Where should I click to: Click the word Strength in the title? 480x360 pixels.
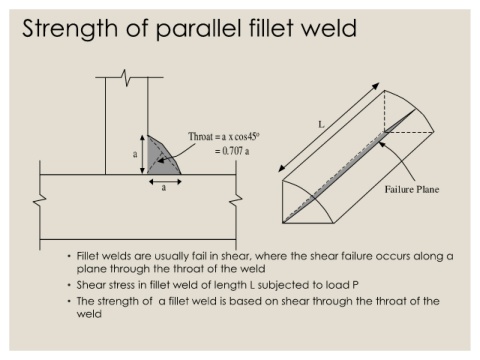click(70, 29)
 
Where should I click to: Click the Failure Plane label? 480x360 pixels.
click(412, 189)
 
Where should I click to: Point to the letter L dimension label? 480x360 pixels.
click(321, 125)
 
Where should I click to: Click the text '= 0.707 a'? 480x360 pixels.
click(232, 151)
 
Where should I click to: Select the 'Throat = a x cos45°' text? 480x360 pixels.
click(224, 137)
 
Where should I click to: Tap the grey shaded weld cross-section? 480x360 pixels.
click(160, 158)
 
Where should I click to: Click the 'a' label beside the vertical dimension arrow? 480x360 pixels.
click(135, 154)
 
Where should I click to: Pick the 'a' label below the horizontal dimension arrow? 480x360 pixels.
click(164, 188)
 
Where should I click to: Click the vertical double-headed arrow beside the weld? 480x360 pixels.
click(142, 154)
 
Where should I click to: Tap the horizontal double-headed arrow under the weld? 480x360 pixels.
click(165, 182)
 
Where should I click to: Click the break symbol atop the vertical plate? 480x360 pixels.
click(126, 78)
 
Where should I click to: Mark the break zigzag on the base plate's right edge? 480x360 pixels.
click(236, 200)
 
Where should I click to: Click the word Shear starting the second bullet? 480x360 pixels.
click(89, 285)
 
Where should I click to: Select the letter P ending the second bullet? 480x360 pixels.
click(355, 285)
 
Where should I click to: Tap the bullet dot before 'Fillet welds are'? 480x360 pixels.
click(69, 256)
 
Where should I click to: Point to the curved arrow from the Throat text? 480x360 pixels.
click(175, 153)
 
